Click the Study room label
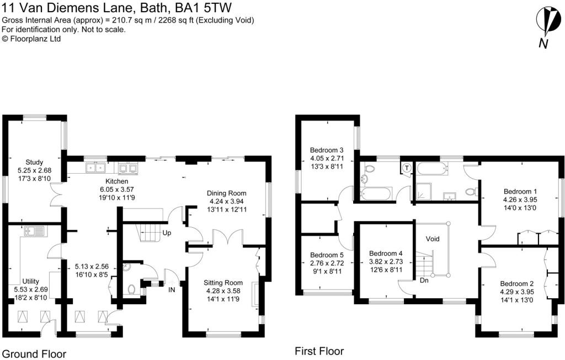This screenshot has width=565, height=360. point(34,163)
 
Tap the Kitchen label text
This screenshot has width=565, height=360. point(117,181)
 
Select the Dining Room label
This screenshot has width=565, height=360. point(227,194)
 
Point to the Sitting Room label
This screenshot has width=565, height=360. point(223,283)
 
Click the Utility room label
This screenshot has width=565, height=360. point(31,281)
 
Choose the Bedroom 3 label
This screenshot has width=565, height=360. point(327,150)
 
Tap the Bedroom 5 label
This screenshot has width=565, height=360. point(327,255)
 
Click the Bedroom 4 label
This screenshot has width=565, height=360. point(386,254)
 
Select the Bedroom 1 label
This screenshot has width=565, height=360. point(520,191)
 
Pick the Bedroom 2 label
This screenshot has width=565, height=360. point(517,284)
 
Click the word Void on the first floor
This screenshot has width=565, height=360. point(433,239)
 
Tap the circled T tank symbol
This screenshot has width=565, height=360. point(407,168)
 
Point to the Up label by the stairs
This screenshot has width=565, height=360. point(167,233)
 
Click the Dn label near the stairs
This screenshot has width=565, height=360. point(424,280)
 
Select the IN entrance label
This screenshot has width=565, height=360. point(172,289)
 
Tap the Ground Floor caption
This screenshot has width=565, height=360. point(34,354)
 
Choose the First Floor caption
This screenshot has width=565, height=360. point(319,351)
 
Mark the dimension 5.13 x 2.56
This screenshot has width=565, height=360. point(91,267)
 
